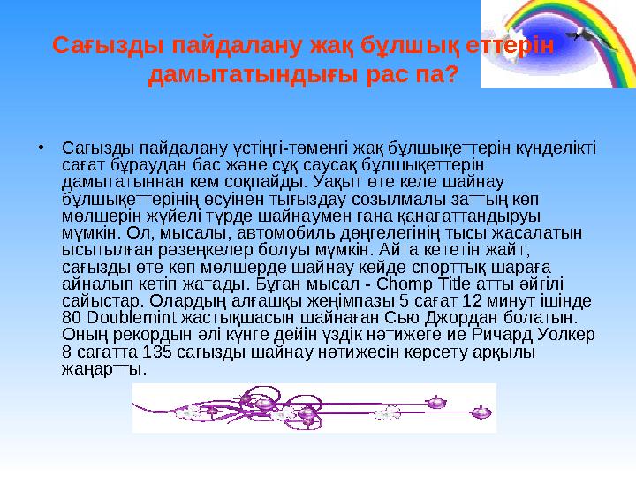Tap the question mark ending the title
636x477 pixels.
(x=450, y=76)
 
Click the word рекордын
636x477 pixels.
(x=142, y=334)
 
